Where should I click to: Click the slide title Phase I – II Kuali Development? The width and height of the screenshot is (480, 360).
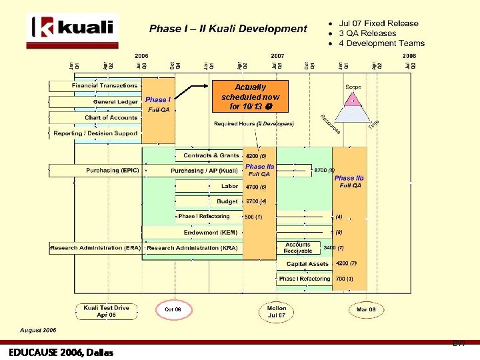click(x=228, y=29)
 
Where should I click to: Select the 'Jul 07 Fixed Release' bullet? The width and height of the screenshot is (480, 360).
click(x=378, y=23)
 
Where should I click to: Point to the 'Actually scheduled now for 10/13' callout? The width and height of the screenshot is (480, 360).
click(x=250, y=97)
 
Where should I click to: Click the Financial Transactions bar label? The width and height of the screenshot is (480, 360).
click(x=105, y=86)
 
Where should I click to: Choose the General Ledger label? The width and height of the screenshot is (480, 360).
click(x=115, y=102)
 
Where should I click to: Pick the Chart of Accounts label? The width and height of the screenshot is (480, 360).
click(x=111, y=118)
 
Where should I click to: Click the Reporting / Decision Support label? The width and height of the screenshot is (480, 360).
click(x=95, y=133)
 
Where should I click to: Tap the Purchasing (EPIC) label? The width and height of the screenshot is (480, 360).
click(x=113, y=171)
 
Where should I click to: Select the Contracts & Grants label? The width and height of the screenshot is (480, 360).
click(x=211, y=155)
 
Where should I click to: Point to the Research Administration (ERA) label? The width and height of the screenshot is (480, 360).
click(x=95, y=248)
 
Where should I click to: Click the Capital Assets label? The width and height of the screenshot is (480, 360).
click(x=307, y=264)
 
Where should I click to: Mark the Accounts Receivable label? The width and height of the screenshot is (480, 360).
click(x=298, y=248)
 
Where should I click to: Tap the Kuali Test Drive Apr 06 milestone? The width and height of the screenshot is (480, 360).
click(x=107, y=311)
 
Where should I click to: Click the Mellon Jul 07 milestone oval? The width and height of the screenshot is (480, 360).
click(x=277, y=311)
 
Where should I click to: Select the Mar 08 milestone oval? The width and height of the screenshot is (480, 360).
click(x=366, y=310)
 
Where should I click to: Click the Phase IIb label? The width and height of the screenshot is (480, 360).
click(x=349, y=178)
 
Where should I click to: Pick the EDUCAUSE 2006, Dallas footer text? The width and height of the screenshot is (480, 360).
click(x=58, y=351)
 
